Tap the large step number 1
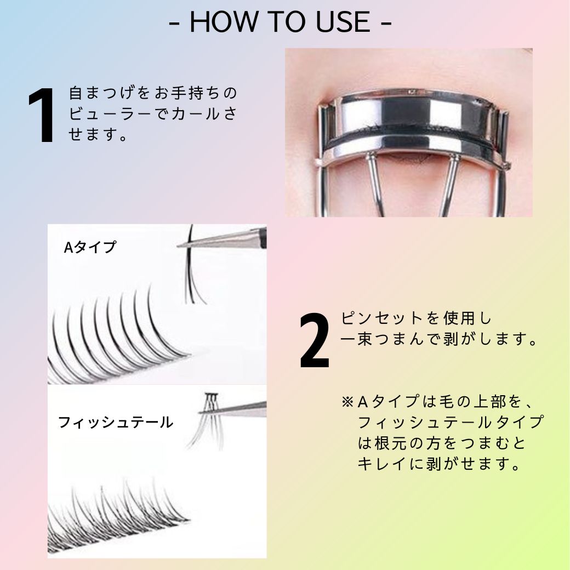pyautogui.click(x=42, y=116)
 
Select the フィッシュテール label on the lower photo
pyautogui.click(x=116, y=423)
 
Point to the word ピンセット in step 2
pyautogui.click(x=375, y=318)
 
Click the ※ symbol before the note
pyautogui.click(x=347, y=402)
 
